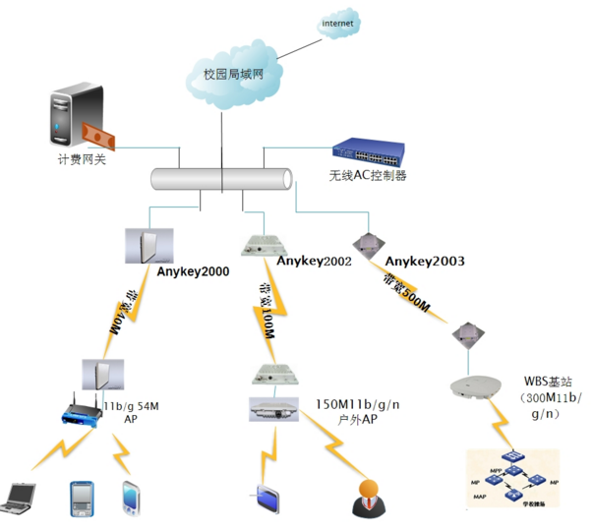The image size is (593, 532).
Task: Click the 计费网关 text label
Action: point(81,157)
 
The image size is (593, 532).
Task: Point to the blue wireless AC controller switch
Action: point(370,149)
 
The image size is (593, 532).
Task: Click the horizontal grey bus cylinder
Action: point(222,178)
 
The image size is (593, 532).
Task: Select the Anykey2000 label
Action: point(193,271)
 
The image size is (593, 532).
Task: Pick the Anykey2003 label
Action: point(425,261)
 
